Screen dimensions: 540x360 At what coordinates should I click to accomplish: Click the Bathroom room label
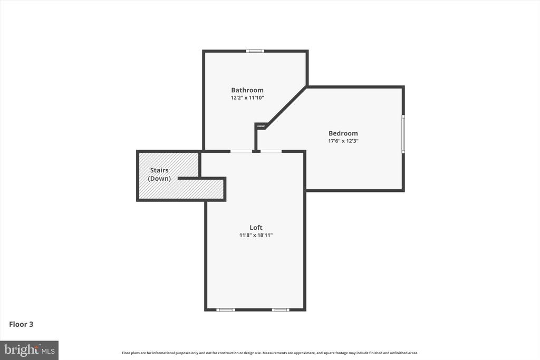[x=247, y=90]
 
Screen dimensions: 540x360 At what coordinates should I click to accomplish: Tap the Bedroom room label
[x=343, y=133]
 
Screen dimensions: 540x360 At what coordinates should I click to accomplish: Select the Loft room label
[x=256, y=228]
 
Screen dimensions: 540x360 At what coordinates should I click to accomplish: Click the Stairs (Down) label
[x=159, y=174]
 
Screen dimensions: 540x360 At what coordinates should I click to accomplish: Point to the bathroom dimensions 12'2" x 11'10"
[x=247, y=98]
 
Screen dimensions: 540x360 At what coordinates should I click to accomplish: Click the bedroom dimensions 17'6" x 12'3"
[x=343, y=141]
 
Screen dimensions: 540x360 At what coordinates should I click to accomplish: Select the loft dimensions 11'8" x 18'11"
[x=256, y=236]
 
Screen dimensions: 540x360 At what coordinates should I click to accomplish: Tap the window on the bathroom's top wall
[x=255, y=51]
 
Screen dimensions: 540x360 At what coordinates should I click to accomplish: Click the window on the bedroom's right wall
[x=403, y=134]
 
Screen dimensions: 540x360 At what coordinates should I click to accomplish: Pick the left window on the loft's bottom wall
[x=226, y=310]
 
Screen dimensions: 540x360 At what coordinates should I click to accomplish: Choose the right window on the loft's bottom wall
[x=281, y=310]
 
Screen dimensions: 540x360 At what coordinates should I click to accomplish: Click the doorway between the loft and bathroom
[x=241, y=151]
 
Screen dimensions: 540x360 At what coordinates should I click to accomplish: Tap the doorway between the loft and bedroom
[x=271, y=151]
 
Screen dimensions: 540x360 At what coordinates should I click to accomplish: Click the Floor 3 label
[x=21, y=324]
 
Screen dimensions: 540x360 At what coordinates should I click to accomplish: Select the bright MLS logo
[x=30, y=351]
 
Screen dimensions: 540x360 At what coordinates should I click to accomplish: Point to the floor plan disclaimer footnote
[x=269, y=353]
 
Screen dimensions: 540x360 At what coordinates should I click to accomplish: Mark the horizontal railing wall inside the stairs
[x=201, y=178]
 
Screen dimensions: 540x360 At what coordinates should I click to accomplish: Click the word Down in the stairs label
[x=159, y=178]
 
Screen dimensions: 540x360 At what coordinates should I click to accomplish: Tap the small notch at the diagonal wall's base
[x=261, y=126]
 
